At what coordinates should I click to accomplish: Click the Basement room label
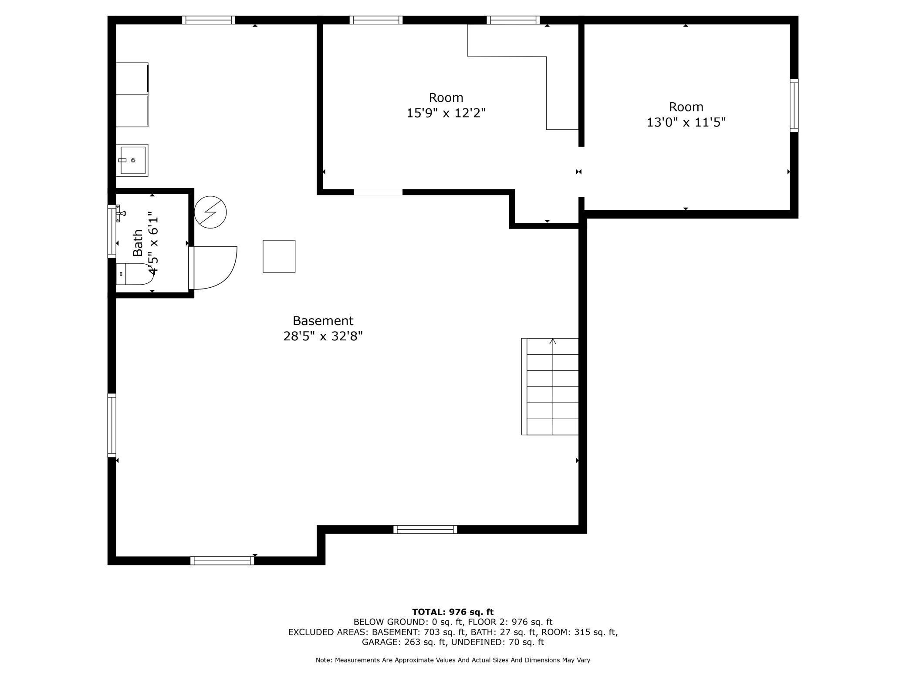[323, 321]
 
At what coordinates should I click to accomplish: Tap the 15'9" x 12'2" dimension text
[446, 113]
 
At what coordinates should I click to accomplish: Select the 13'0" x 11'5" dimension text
[686, 122]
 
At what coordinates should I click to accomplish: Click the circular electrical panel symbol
[210, 212]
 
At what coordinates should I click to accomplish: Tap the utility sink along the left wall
[132, 160]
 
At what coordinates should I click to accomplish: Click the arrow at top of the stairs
[553, 342]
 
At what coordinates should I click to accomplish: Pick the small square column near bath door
[279, 256]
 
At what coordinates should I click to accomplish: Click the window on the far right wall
[794, 105]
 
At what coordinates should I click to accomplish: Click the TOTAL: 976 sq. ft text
[453, 612]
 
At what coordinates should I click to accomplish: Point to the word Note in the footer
[323, 660]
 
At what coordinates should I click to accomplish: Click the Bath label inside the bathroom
[138, 243]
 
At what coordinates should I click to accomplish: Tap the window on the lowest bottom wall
[222, 561]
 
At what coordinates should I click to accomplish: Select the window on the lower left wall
[112, 425]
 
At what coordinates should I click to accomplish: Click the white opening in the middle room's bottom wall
[378, 192]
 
